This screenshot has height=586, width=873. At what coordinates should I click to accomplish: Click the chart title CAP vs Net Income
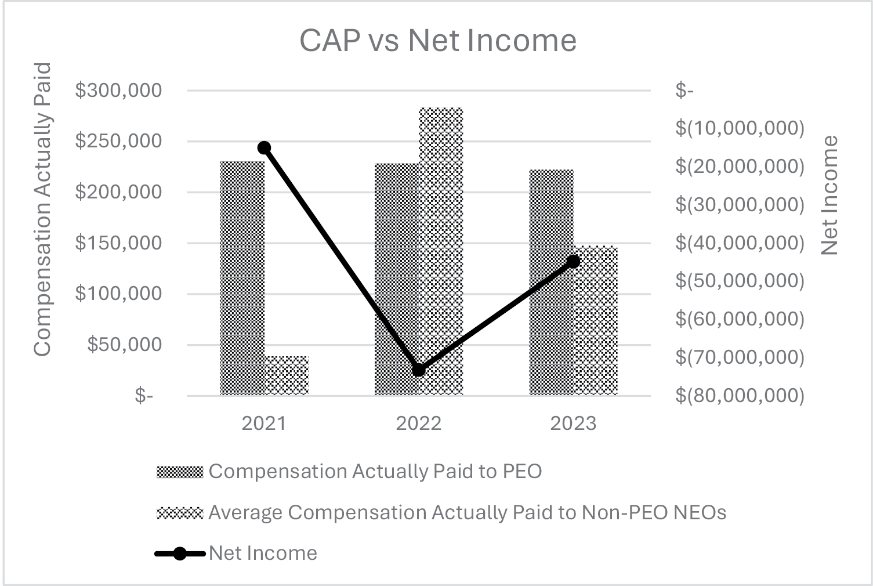click(x=438, y=41)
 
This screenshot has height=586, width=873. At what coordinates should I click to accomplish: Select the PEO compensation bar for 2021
click(x=242, y=278)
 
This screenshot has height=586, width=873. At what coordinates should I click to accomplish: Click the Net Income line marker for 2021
click(x=264, y=147)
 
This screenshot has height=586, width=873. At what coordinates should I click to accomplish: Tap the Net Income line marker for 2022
click(x=419, y=370)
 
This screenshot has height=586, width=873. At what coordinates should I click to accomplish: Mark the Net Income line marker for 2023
click(x=573, y=262)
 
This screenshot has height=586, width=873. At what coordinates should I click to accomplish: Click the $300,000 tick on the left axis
click(x=118, y=91)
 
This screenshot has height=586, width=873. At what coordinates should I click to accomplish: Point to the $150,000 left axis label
click(x=118, y=243)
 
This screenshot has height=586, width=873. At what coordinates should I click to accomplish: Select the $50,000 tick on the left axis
click(x=124, y=345)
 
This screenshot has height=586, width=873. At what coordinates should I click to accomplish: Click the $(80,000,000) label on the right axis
click(x=740, y=396)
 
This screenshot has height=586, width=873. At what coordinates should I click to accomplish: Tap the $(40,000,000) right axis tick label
click(x=740, y=243)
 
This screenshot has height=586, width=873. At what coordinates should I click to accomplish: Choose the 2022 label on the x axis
click(x=419, y=424)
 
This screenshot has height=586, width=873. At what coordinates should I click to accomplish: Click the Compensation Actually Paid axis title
click(x=42, y=209)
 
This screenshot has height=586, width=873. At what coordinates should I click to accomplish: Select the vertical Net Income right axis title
click(x=830, y=195)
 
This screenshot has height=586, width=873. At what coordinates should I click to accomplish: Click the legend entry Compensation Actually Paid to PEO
click(x=375, y=471)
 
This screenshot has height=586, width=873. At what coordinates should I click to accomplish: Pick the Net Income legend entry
click(x=263, y=553)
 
